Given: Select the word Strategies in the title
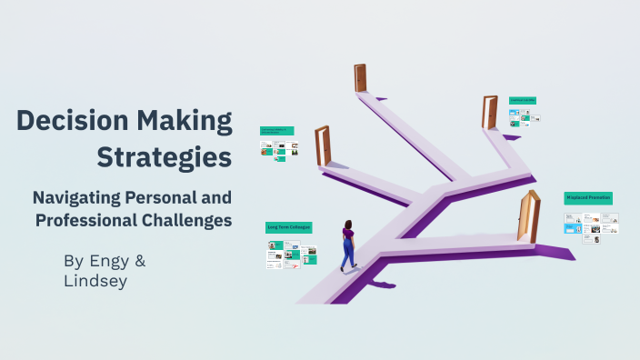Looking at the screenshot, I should pyautogui.click(x=164, y=156).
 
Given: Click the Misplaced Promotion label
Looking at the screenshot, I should pyautogui.click(x=588, y=197).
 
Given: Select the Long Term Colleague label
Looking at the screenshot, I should pyautogui.click(x=289, y=226).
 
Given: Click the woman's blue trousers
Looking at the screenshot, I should pyautogui.click(x=347, y=252).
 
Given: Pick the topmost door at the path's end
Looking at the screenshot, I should pyautogui.click(x=360, y=78).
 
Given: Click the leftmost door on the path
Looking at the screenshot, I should pyautogui.click(x=322, y=145).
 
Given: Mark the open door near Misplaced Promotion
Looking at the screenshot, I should pyautogui.click(x=527, y=216).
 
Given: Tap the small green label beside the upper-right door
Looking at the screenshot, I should pyautogui.click(x=522, y=100).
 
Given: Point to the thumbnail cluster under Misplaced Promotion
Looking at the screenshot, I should pyautogui.click(x=591, y=224).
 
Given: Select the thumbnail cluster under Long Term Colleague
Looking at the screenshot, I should pyautogui.click(x=291, y=254).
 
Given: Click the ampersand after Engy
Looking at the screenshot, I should pyautogui.click(x=140, y=261).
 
